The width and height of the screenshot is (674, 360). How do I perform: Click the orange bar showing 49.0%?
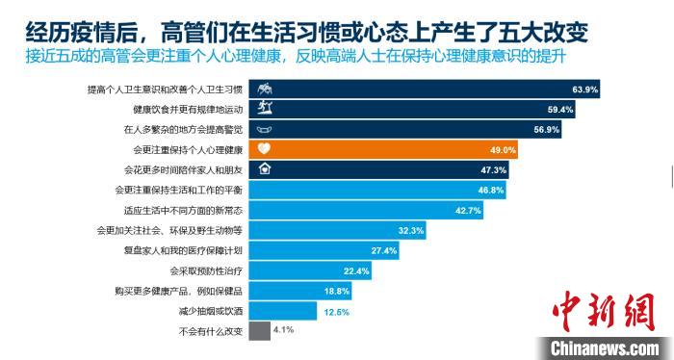point(385,149)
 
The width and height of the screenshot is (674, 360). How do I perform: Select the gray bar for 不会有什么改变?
point(258,331)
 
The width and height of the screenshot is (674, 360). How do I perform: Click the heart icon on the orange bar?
point(265,149)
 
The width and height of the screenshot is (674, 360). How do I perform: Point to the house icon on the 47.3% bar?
point(265,169)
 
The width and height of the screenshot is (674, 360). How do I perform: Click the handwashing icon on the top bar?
point(265,90)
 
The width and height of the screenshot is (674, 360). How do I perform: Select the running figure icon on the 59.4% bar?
point(265,109)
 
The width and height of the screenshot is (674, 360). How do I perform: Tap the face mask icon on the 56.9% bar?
point(265,129)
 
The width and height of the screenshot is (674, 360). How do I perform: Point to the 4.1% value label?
point(283,330)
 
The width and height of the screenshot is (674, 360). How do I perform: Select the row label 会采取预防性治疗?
point(205,270)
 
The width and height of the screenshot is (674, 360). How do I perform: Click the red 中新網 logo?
point(598,313)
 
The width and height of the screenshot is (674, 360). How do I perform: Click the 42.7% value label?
point(468,210)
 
